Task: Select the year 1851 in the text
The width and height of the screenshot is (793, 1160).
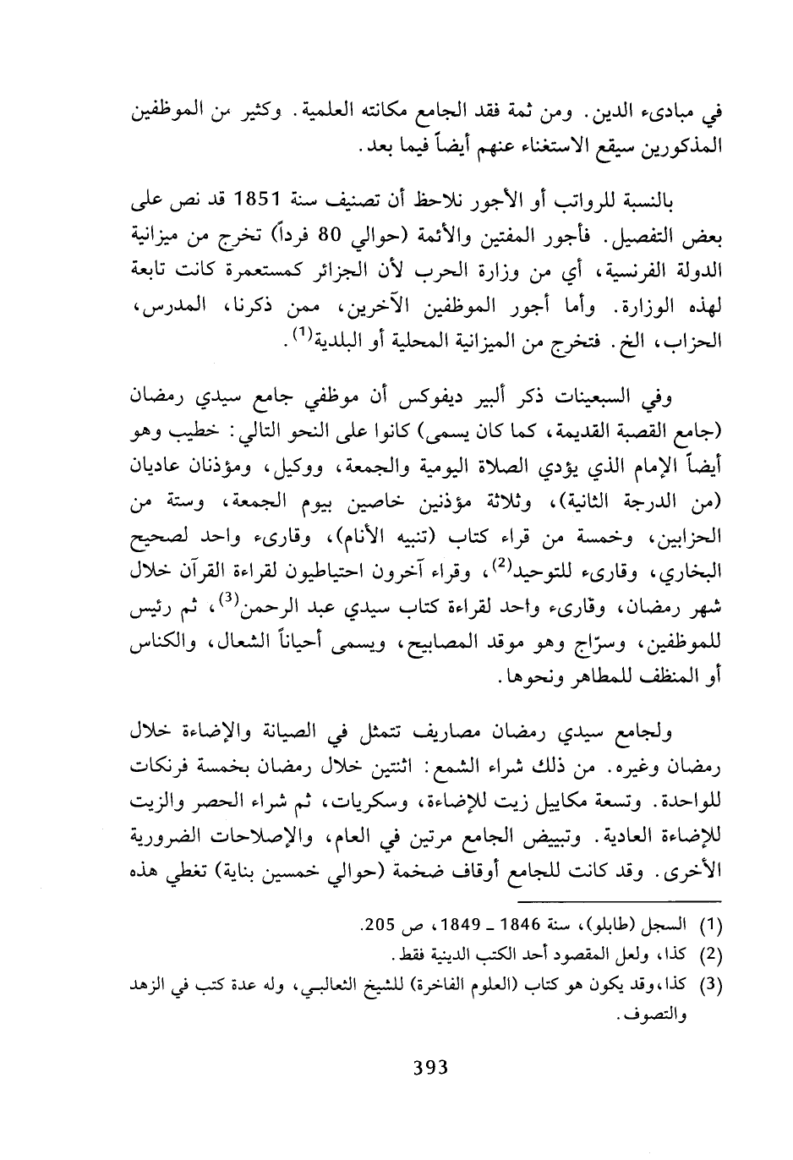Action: coord(265,205)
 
